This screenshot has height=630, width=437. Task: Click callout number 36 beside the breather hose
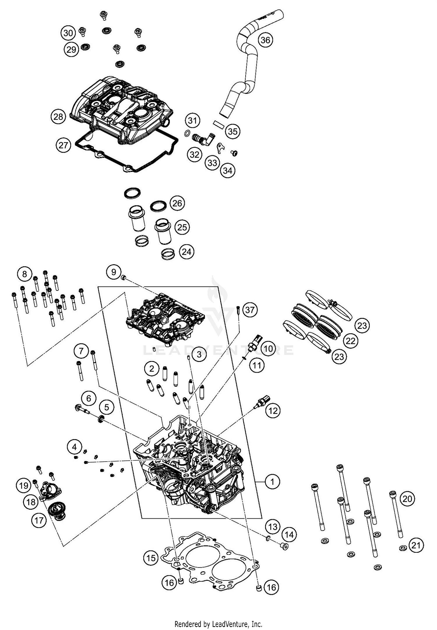tap(265, 40)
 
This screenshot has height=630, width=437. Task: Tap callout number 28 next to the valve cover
tap(58, 117)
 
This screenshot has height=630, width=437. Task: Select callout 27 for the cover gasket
tap(63, 145)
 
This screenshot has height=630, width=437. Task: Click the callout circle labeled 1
tap(272, 481)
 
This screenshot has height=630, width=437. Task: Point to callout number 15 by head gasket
tap(151, 558)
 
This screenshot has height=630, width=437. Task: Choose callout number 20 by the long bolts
tap(407, 499)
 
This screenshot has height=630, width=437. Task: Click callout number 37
tap(250, 309)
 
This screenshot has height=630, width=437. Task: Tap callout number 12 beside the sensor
tap(273, 411)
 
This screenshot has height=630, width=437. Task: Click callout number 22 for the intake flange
tap(350, 340)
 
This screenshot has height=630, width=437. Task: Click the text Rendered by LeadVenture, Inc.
tap(218, 624)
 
